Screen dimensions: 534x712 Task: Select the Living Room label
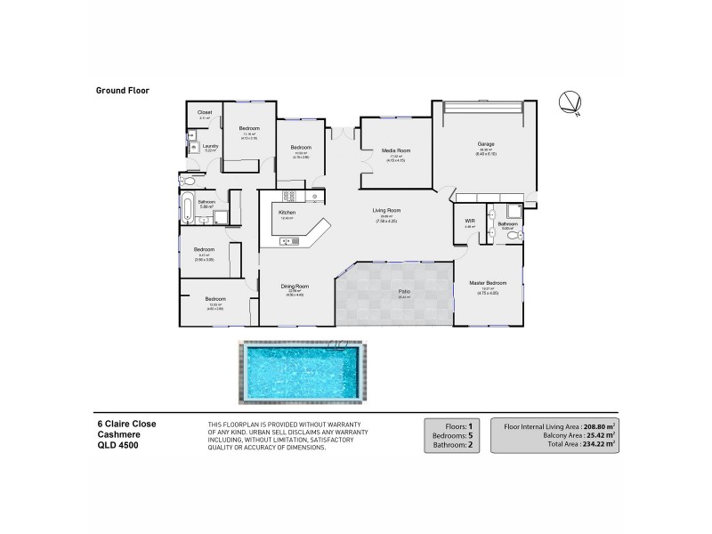coord(386,210)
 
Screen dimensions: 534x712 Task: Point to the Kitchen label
coord(287,214)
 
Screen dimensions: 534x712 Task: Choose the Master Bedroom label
coord(489,283)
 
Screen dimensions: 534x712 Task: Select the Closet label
coord(205,113)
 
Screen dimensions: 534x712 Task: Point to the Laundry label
coord(210,146)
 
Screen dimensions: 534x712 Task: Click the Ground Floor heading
coord(121,90)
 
